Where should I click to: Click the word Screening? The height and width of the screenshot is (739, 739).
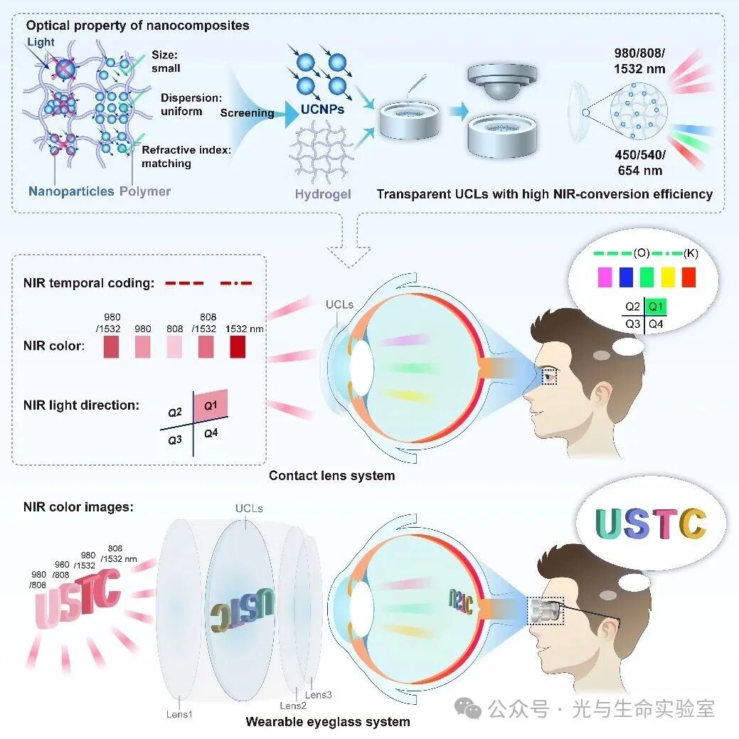[x=247, y=113]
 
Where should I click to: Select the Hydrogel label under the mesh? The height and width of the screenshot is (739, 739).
[x=323, y=193]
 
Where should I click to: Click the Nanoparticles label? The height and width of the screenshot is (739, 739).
[x=71, y=191]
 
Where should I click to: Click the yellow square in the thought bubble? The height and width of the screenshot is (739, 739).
[x=668, y=277]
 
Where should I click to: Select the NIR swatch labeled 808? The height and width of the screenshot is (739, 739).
[x=174, y=346]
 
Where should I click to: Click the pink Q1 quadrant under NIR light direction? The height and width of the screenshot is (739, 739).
[x=211, y=405]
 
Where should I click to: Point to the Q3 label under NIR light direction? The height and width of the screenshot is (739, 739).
[x=175, y=440]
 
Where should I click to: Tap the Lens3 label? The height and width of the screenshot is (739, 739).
[x=319, y=695]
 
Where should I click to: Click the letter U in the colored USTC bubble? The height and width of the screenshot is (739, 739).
[x=610, y=524]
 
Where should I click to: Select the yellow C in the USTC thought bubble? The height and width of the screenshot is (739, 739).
[x=691, y=524]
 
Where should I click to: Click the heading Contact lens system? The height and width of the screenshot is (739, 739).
[x=331, y=475]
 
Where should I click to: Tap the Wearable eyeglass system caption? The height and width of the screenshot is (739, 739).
[x=328, y=722]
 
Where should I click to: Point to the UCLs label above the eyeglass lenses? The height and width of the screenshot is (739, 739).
[x=249, y=509]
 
